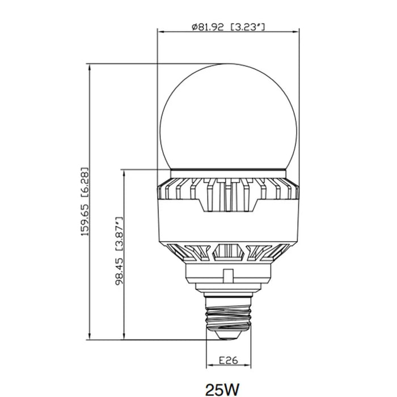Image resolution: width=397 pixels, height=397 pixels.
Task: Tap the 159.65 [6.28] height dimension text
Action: click(85, 202)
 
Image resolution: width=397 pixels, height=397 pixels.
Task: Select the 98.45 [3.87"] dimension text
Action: click(119, 251)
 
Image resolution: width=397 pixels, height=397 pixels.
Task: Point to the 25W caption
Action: click(222, 389)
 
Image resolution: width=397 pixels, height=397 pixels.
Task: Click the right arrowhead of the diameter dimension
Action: click(295, 32)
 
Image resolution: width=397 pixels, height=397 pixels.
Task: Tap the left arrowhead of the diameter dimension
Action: click(161, 32)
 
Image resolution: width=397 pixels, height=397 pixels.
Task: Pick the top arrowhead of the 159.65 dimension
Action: click(89, 67)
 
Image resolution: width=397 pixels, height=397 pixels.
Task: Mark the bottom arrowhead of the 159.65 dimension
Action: click(89, 336)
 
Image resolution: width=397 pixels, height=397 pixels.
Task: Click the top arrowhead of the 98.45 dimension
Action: click(124, 173)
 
